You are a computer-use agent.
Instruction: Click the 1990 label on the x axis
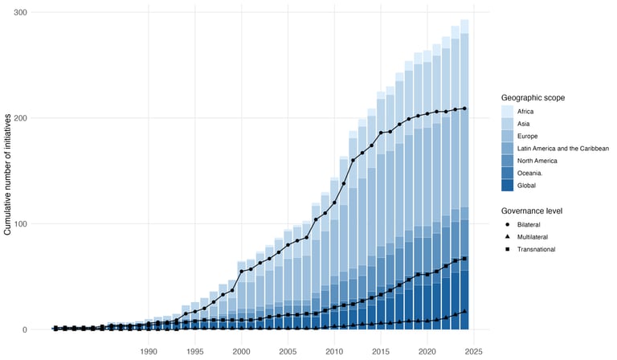148,352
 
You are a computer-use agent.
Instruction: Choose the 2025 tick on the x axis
473,352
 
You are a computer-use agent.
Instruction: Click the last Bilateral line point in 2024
464,108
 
